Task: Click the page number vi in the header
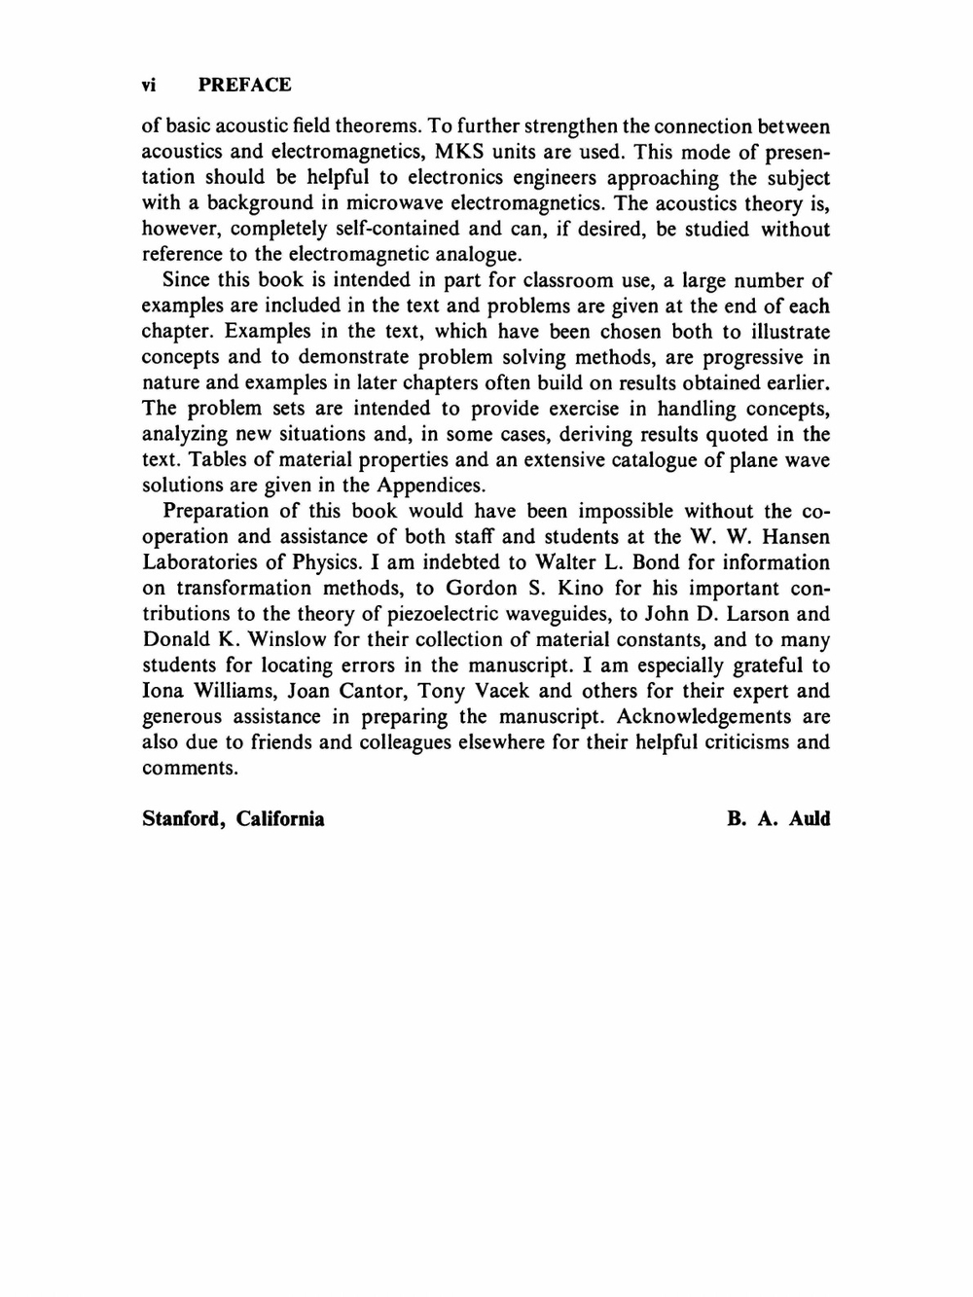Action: click(x=149, y=85)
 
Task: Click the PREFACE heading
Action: click(x=244, y=85)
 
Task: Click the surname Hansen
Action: click(x=796, y=537)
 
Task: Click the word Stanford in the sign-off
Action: click(x=185, y=818)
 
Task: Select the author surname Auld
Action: click(x=810, y=818)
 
